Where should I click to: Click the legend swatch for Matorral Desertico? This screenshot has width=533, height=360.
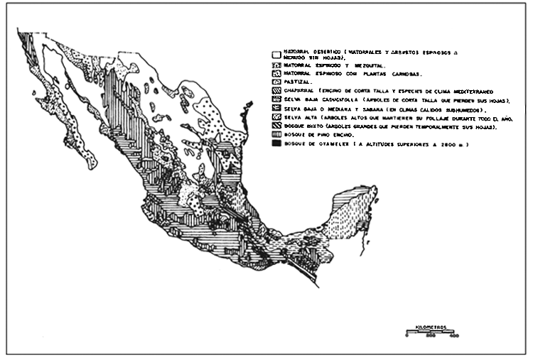pos(276,53)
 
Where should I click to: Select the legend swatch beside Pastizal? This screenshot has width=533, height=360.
pos(276,82)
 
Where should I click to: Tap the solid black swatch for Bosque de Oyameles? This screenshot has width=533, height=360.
pos(276,144)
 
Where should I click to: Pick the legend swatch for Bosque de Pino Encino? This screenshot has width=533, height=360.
pos(276,134)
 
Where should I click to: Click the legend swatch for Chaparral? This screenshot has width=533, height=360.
pos(276,91)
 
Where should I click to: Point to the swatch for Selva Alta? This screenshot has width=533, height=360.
pos(276,117)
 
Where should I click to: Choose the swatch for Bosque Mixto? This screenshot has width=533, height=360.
pos(276,126)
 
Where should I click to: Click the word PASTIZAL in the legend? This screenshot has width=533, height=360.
pos(295,82)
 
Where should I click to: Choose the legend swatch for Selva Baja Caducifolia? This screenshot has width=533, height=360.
pos(276,100)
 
